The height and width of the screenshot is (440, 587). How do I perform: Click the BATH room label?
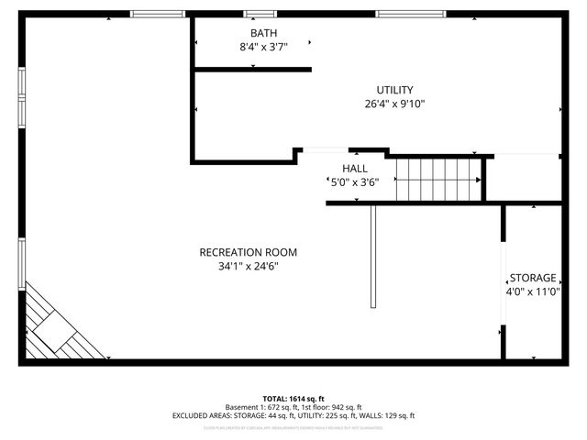(250, 33)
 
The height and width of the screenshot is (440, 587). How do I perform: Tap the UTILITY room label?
(394, 90)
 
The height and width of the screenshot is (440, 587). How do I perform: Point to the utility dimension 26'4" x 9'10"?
(394, 104)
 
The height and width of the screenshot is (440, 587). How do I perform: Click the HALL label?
(355, 169)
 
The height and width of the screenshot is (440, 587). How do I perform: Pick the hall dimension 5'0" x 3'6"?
(355, 181)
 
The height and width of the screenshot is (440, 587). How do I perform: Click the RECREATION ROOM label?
(249, 252)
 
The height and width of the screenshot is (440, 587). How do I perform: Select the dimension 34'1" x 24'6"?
(249, 267)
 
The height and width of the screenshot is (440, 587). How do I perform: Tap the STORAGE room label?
(533, 278)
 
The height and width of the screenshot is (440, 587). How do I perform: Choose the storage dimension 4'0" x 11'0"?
(533, 292)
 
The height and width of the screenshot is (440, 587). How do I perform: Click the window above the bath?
(258, 14)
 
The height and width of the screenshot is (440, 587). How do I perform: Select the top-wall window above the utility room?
(412, 14)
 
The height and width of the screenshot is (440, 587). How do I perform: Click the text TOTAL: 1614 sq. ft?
(293, 398)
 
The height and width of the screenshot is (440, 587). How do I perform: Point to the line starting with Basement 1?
(293, 407)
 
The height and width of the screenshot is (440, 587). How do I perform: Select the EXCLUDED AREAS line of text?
(293, 415)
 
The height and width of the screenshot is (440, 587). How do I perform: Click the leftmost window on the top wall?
(158, 14)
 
